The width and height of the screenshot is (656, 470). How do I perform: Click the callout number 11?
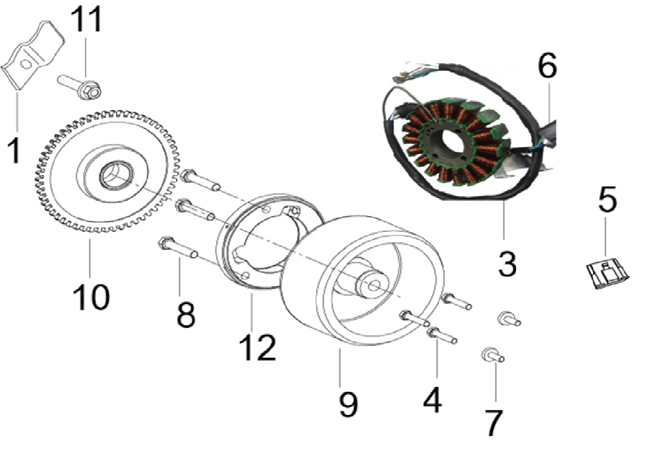(87, 20)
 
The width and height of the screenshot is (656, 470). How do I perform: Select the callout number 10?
(91, 297)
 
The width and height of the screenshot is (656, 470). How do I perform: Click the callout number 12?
(258, 347)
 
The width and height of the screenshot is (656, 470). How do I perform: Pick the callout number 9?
(348, 405)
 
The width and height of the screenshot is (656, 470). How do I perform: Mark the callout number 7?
(493, 422)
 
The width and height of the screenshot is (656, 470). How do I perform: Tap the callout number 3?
(507, 264)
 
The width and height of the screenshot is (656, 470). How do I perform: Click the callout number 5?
(608, 200)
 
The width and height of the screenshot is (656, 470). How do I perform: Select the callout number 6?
(547, 65)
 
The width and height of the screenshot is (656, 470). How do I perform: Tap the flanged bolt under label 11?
(79, 86)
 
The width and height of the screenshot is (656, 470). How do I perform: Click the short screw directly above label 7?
(493, 355)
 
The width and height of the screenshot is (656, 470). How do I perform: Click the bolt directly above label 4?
(442, 335)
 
